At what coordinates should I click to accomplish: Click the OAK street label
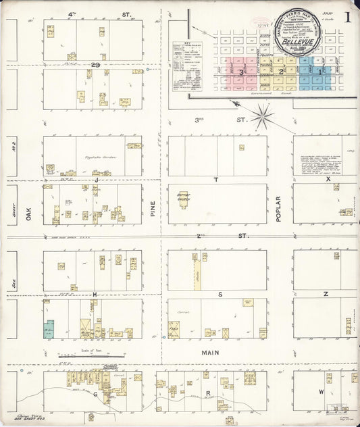[x=28, y=214]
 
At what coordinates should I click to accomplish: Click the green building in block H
[x=49, y=329]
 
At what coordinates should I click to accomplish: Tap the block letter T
[x=216, y=180]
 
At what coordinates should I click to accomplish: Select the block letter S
[x=220, y=295]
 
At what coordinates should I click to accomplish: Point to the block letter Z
[x=325, y=295]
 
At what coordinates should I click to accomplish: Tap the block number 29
[x=96, y=65]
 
